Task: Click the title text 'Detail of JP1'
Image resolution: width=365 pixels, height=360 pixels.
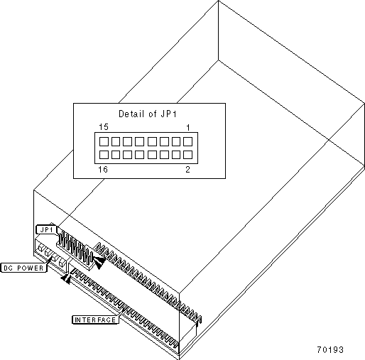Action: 148,114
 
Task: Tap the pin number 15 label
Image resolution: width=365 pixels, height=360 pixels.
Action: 104,127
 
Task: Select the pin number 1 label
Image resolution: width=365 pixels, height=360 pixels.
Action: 188,128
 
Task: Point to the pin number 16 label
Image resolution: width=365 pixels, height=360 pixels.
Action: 103,170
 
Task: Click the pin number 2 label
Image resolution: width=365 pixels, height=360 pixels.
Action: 187,170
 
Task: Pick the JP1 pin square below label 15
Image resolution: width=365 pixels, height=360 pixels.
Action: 104,141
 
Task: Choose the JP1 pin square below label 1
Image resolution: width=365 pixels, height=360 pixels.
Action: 187,141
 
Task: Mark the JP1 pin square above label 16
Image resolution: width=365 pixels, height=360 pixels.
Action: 104,155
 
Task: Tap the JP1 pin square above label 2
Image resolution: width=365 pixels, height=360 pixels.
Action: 187,155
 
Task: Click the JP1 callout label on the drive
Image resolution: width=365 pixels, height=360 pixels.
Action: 47,229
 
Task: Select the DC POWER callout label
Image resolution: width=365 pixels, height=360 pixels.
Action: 23,268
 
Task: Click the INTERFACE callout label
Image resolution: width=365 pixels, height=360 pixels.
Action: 95,320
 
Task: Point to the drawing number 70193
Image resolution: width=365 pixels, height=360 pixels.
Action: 330,349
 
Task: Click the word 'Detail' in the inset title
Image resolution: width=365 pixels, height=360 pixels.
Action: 131,114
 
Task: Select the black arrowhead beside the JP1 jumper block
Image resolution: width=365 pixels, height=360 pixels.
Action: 99,262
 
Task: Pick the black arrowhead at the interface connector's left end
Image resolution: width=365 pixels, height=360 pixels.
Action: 66,279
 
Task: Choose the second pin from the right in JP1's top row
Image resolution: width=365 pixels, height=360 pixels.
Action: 176,141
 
